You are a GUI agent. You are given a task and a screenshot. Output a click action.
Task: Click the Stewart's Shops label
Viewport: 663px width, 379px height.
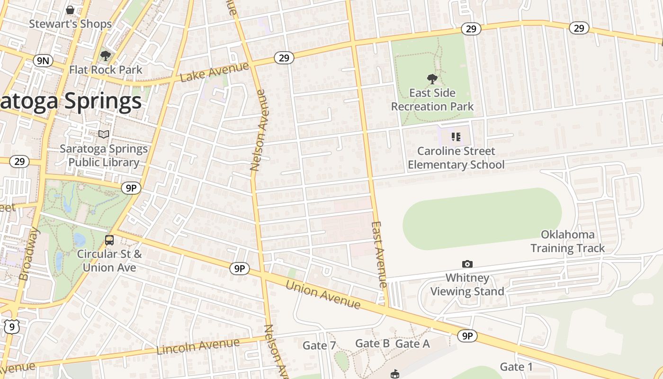click(70, 24)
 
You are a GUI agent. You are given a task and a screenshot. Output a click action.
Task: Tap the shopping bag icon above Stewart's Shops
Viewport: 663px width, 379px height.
click(70, 9)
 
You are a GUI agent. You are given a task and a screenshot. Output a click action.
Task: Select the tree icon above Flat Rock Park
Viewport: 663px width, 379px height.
click(105, 56)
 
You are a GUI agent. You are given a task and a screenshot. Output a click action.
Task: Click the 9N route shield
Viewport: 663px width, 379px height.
click(43, 60)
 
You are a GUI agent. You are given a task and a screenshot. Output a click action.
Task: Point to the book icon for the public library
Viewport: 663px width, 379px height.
click(104, 135)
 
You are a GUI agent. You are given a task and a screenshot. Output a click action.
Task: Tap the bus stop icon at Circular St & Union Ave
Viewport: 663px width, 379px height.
click(109, 240)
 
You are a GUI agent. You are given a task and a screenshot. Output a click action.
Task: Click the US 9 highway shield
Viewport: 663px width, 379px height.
click(12, 326)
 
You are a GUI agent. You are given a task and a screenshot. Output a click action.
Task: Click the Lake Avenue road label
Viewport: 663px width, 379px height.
click(214, 72)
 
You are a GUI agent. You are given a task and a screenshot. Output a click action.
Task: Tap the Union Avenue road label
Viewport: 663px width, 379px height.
click(323, 294)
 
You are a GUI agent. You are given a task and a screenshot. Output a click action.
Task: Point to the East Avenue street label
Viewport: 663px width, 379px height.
click(380, 254)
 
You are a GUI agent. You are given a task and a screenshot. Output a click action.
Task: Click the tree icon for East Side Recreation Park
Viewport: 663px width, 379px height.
click(432, 79)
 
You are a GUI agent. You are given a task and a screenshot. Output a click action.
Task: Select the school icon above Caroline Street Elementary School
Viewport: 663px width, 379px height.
click(456, 137)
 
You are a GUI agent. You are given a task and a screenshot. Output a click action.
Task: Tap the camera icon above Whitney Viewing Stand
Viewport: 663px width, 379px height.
click(467, 264)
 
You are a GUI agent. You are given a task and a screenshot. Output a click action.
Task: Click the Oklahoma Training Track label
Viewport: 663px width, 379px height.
click(567, 241)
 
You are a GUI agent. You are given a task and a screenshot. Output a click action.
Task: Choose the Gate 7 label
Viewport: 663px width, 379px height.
click(319, 346)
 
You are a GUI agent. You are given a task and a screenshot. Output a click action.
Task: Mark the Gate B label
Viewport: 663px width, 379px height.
click(372, 343)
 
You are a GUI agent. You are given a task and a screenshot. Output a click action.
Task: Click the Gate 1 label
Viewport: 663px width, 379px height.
click(516, 367)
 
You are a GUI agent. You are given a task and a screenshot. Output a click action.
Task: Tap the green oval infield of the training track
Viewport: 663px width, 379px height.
click(482, 218)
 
